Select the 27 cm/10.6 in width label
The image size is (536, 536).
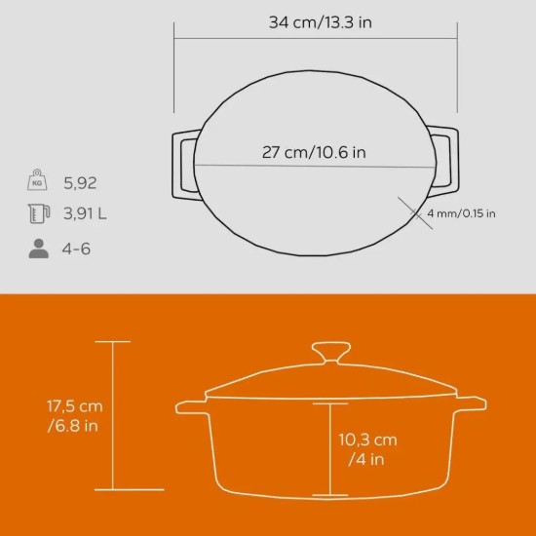point(314,152)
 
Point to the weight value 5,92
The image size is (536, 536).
point(81,182)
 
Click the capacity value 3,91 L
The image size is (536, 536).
point(86,215)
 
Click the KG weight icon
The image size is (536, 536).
point(38,181)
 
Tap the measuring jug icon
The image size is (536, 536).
point(38,215)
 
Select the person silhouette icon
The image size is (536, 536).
point(38,249)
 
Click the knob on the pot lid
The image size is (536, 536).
point(333,352)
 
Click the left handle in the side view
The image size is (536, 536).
point(190,403)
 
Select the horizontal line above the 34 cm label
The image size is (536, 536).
point(316,40)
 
